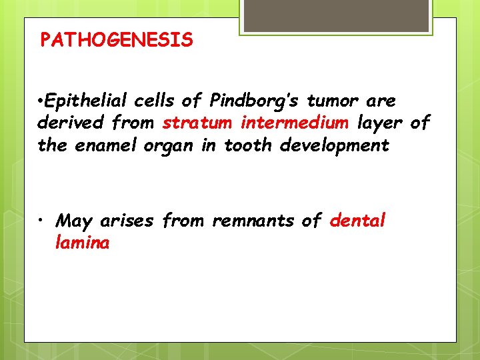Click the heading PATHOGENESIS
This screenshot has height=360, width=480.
coord(117,41)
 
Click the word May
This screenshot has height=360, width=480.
coord(75,221)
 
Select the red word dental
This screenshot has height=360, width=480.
coord(357,221)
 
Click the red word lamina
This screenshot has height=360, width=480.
coord(83,243)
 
